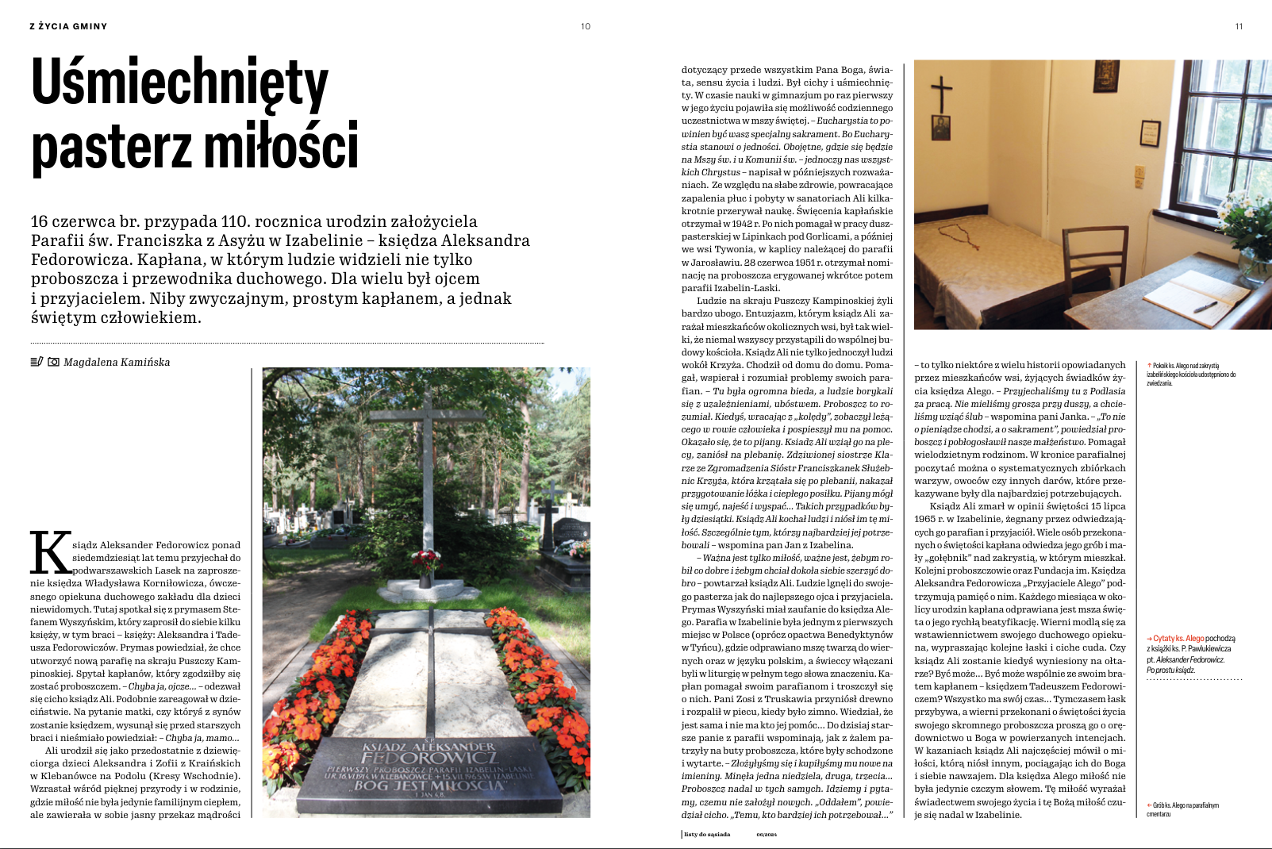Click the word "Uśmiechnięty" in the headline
tap(179, 83)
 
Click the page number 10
tap(586, 26)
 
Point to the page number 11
tap(1239, 26)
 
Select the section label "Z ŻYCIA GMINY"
tap(68, 26)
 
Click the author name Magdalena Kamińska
tap(117, 362)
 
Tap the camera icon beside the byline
tap(53, 362)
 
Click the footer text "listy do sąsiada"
tap(707, 834)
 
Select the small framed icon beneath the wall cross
tap(941, 128)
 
